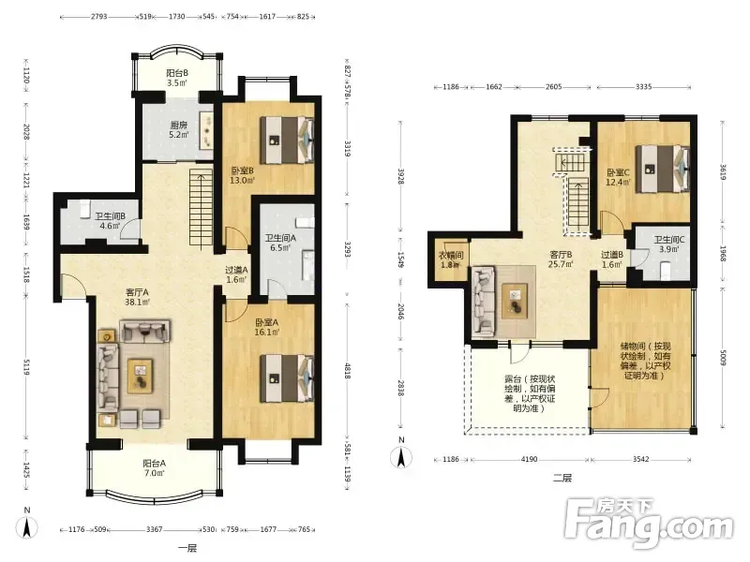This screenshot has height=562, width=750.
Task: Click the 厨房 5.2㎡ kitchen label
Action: (x=178, y=130)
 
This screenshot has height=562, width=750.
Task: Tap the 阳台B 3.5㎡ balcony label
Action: (x=177, y=78)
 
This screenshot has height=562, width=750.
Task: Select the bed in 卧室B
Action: (x=287, y=140)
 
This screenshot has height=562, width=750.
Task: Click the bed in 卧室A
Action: (x=287, y=378)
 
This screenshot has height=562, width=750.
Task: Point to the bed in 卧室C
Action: (x=663, y=170)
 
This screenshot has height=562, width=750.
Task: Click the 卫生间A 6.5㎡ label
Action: (x=280, y=243)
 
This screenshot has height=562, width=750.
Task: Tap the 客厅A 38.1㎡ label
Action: (x=137, y=297)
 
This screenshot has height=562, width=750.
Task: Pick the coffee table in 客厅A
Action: (x=140, y=377)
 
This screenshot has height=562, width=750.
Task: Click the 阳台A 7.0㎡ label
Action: (x=154, y=468)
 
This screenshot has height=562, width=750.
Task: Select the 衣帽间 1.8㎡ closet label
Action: (x=451, y=260)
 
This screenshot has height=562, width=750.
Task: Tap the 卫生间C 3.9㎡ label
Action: (x=669, y=244)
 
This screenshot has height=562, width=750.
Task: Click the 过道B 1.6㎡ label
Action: (x=612, y=259)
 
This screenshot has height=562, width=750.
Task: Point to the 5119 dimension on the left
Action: (x=26, y=366)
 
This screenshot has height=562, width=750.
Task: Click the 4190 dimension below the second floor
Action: (x=529, y=459)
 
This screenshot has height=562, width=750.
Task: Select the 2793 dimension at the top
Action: (x=98, y=16)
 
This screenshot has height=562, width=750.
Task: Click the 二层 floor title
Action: (x=562, y=478)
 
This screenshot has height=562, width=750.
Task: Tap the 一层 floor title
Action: (x=187, y=548)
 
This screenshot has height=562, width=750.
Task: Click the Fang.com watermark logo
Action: (x=649, y=524)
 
